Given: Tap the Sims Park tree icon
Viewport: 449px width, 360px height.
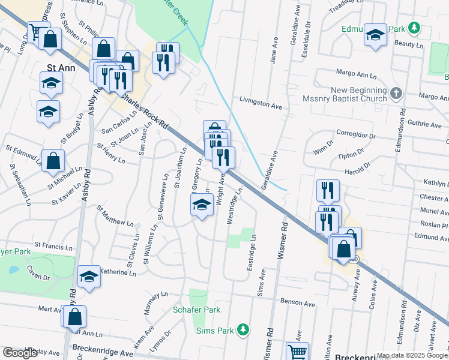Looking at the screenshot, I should click(x=243, y=329).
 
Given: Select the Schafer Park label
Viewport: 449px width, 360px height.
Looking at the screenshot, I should click(x=196, y=310).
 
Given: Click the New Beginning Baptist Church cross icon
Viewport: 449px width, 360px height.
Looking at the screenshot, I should click(x=395, y=94).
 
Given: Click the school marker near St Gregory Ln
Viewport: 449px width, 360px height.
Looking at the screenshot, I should click(x=202, y=206).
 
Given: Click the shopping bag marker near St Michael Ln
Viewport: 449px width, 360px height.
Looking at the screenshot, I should click(x=53, y=161).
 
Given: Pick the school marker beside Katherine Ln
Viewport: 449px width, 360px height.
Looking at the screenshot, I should click(x=89, y=277).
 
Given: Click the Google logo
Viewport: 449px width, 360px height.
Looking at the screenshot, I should click(x=20, y=353).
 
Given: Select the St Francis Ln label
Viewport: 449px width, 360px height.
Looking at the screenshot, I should click(x=54, y=245).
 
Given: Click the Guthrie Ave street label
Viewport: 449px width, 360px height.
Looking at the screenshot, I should click(x=424, y=125).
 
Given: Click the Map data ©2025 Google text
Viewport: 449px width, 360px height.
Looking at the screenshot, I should click(x=412, y=355).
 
